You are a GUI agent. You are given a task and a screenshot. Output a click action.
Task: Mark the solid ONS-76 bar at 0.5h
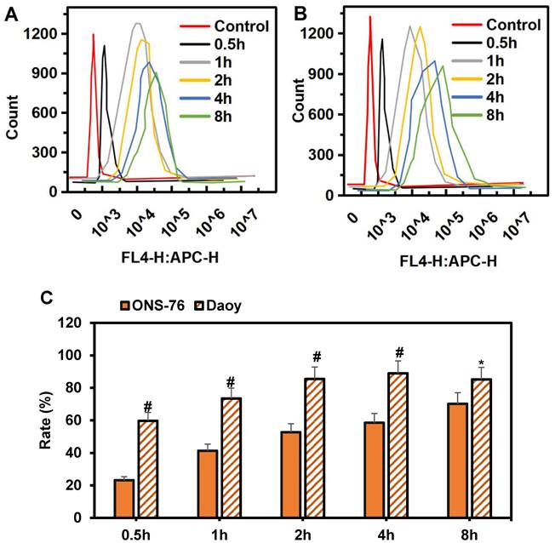click(x=125, y=498)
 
